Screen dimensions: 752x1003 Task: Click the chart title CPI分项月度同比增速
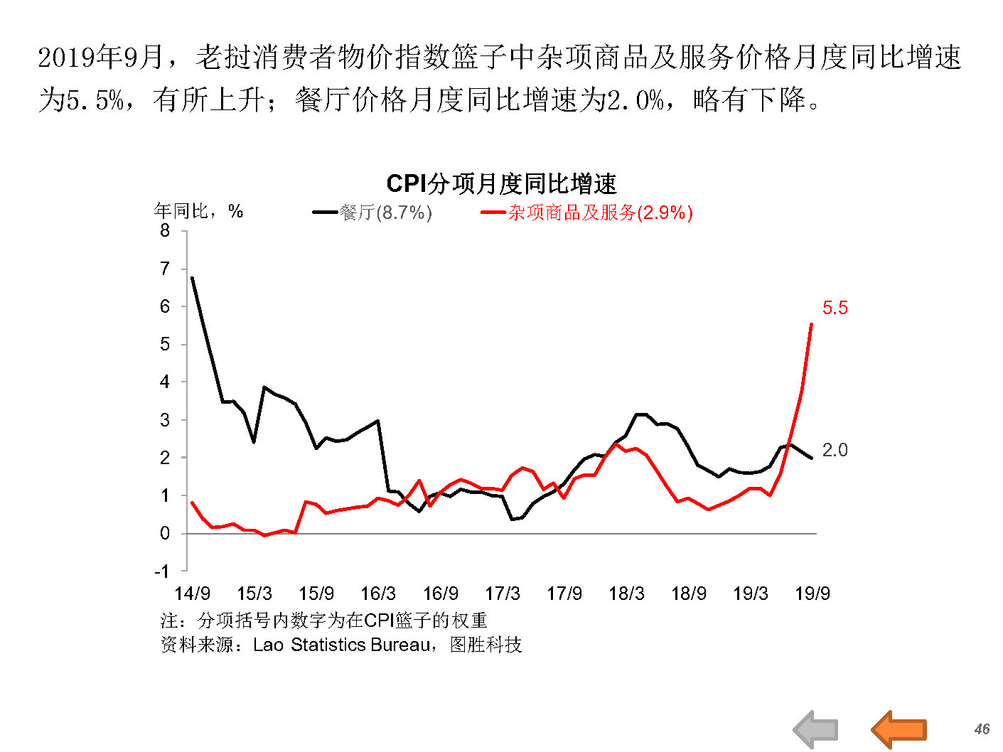[x=501, y=184]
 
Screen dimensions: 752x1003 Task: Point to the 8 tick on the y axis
[x=165, y=230]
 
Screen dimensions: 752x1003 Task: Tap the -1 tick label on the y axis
[x=162, y=571]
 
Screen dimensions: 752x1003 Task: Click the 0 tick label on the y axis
[x=165, y=533]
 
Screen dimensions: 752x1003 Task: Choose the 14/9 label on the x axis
[x=192, y=593]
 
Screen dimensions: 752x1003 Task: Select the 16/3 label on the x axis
[x=378, y=593]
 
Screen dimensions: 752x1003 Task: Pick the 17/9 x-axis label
[x=564, y=593]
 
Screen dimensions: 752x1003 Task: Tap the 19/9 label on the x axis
[x=812, y=593]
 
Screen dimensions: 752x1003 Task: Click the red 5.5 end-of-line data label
[x=835, y=308]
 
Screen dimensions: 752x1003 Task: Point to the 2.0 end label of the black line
[x=835, y=450]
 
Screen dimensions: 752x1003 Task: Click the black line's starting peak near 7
[x=193, y=278]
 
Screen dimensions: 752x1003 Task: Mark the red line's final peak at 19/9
[x=812, y=325]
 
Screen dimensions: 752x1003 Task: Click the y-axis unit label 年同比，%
[x=198, y=211]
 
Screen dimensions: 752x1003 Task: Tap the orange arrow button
[x=899, y=729]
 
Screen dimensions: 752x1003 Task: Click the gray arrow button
[x=816, y=729]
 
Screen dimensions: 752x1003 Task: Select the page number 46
[x=982, y=729]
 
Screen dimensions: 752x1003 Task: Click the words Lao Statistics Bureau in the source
[x=342, y=645]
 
